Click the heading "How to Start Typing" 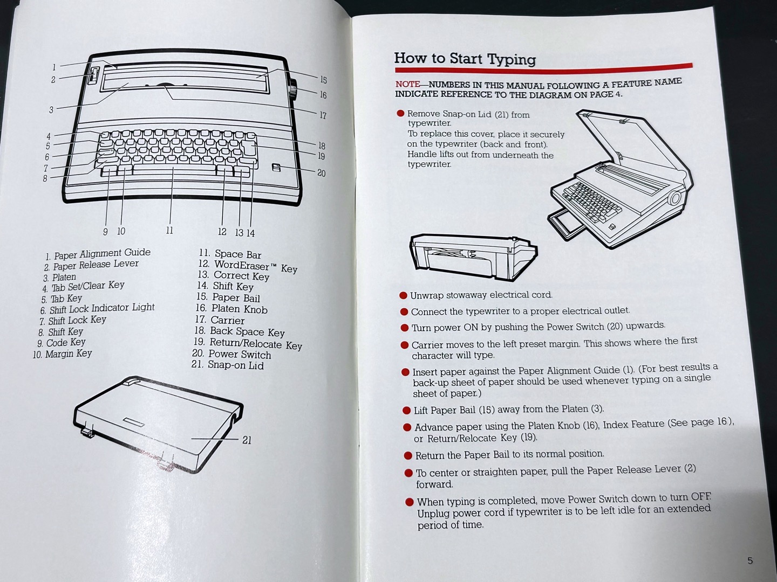click(x=465, y=59)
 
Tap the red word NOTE click(x=407, y=85)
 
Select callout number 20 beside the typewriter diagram click(x=321, y=173)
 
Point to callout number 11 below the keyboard click(x=169, y=231)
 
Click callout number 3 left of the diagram click(x=51, y=110)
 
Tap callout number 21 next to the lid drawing click(x=247, y=440)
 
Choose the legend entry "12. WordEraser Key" click(x=248, y=266)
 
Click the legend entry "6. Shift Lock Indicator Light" click(x=97, y=308)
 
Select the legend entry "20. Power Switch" click(x=231, y=354)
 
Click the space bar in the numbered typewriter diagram click(x=174, y=170)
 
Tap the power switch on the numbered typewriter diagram click(x=276, y=168)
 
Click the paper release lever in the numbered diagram click(x=93, y=75)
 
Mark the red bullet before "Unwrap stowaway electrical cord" click(x=403, y=295)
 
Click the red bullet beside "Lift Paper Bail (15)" click(x=406, y=411)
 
